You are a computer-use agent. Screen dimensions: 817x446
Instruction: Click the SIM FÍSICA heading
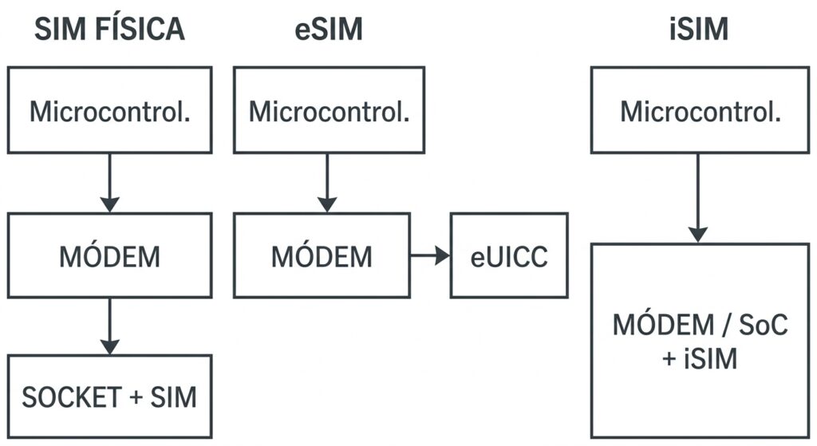point(109,29)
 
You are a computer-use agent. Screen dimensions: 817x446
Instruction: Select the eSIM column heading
point(329,29)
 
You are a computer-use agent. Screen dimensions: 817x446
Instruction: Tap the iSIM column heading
point(699,29)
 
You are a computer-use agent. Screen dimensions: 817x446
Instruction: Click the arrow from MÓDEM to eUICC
point(430,255)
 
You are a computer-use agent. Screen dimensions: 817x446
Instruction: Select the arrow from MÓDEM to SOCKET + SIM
point(109,326)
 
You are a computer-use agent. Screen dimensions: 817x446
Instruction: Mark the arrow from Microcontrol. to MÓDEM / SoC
point(697,198)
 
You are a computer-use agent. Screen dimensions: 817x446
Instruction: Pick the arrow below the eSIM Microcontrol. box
point(326,183)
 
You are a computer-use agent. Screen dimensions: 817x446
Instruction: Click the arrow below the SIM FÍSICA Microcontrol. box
point(109,183)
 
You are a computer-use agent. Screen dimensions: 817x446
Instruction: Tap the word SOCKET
point(72,397)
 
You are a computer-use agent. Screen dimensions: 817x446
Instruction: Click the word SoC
point(764,325)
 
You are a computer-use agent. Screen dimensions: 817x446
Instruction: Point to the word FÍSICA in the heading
point(140,29)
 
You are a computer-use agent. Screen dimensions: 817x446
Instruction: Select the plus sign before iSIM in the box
point(669,358)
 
